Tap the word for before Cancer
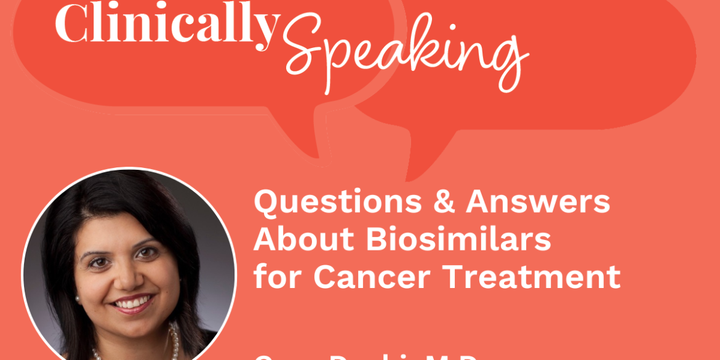pyautogui.click(x=279, y=276)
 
